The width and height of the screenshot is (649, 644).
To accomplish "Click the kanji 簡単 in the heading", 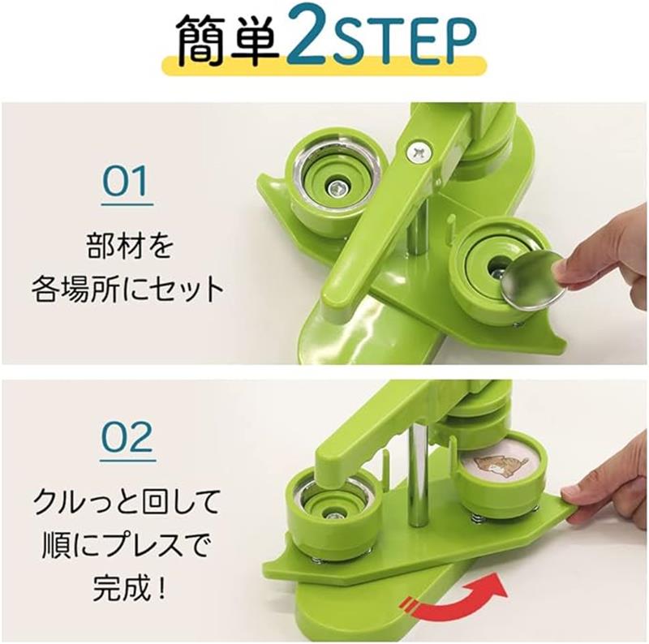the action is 228,41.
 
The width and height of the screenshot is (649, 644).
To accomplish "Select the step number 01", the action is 127,182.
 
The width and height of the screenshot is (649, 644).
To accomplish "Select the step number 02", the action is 127,437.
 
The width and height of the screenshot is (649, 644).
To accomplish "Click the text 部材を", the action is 130,247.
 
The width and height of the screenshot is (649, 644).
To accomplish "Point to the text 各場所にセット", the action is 128,289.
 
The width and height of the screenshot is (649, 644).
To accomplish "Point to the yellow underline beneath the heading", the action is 324,66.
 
